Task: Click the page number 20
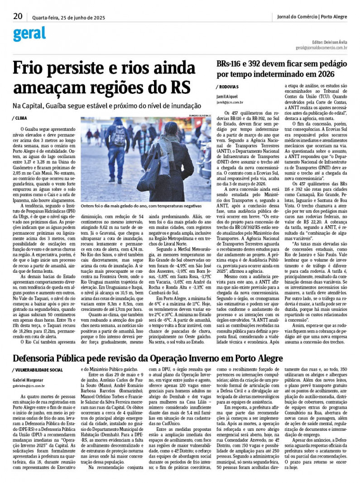[x=18, y=16]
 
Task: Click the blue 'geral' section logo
[x=29, y=34]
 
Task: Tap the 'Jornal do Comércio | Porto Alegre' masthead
[x=312, y=17]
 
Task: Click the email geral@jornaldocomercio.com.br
[x=322, y=48]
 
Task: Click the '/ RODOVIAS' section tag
[x=228, y=86]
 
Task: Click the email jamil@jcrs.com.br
[x=230, y=102]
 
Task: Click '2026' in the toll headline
[x=323, y=73]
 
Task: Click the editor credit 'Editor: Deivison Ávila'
[x=329, y=42]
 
